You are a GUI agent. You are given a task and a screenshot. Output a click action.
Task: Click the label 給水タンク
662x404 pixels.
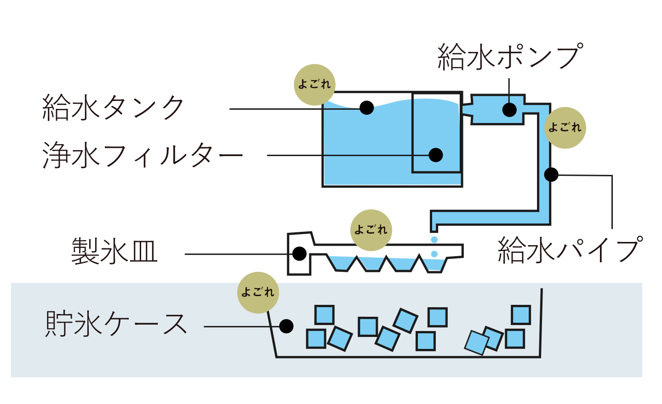[x=113, y=108]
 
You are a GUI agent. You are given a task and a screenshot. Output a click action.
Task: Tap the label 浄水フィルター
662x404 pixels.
[x=143, y=155]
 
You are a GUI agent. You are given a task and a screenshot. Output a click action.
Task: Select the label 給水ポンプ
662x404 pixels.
[x=510, y=56]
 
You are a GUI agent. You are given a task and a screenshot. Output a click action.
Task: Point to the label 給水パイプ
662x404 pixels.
[x=570, y=250]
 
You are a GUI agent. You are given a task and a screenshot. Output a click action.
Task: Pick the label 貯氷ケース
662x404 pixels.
[x=116, y=324]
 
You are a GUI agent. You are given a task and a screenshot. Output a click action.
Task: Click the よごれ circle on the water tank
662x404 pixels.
[x=315, y=84]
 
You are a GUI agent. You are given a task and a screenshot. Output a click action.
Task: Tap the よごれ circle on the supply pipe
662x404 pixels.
[x=565, y=128]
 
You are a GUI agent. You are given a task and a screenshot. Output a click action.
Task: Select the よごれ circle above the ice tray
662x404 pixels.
[x=371, y=230]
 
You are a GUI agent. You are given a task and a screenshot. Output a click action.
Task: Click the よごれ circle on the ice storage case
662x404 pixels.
[x=258, y=292]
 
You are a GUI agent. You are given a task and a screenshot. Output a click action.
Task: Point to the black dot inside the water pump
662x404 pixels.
[x=509, y=110]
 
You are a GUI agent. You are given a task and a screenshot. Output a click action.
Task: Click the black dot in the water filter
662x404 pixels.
[x=436, y=155]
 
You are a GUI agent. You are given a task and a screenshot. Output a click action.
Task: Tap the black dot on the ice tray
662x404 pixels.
[x=299, y=254]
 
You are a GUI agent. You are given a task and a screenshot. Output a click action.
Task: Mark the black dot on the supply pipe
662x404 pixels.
[x=551, y=174]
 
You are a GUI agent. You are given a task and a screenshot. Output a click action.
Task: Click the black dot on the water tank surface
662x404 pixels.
[x=367, y=108]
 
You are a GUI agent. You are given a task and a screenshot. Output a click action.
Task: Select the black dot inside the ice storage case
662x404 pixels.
[x=286, y=326]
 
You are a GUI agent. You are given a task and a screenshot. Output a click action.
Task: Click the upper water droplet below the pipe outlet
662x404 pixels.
[x=434, y=240]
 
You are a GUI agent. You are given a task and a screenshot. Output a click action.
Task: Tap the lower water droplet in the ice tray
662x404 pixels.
[x=434, y=254]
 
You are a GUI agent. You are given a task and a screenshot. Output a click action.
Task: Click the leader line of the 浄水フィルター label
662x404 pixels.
[x=348, y=155]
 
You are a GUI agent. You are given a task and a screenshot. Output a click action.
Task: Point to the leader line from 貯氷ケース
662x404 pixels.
[x=242, y=327]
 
